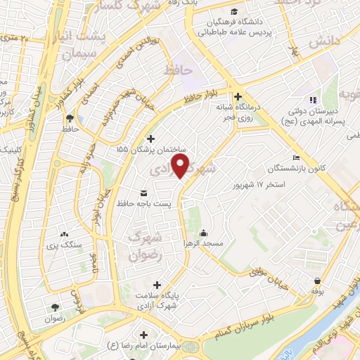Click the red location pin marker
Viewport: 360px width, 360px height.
[182, 166]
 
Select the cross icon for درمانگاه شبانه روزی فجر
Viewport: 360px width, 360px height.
[238, 97]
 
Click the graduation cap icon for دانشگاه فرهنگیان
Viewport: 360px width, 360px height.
[242, 12]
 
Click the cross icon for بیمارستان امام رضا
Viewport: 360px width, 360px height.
[144, 335]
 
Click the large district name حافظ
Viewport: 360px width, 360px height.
[177, 70]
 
